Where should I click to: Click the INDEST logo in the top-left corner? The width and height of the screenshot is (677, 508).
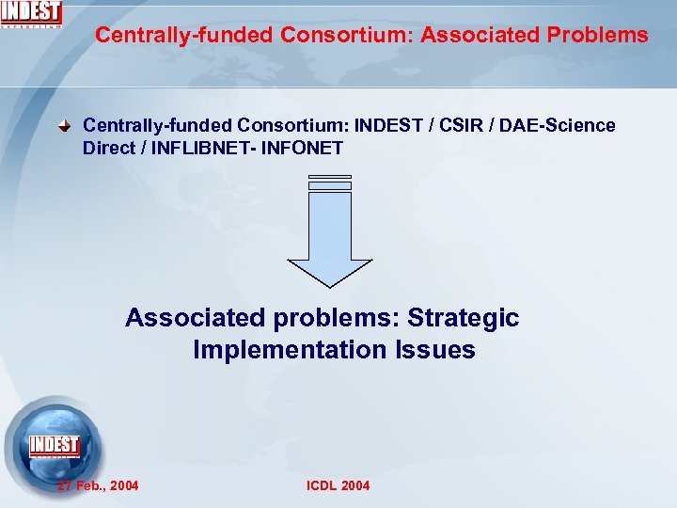[x=31, y=13]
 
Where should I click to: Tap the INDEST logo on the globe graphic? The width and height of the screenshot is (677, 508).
[x=54, y=445]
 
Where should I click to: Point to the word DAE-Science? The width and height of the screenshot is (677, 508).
[x=558, y=126]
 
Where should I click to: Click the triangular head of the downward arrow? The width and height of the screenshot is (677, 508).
[x=329, y=272]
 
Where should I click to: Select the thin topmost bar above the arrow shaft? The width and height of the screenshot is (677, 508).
[x=329, y=177]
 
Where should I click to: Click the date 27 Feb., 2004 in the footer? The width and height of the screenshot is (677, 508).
[x=98, y=485]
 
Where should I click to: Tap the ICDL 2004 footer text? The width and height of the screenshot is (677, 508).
[x=338, y=485]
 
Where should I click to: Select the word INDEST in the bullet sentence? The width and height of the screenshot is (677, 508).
[x=390, y=126]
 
